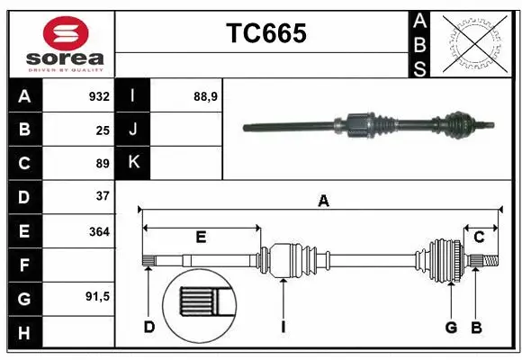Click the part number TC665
click(x=265, y=34)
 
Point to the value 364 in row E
click(x=99, y=231)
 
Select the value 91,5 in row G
click(x=97, y=296)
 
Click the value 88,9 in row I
click(x=205, y=96)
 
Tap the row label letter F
click(x=24, y=265)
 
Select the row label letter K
click(x=133, y=163)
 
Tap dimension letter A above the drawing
click(x=323, y=202)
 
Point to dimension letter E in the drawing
click(x=201, y=238)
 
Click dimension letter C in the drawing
click(x=480, y=238)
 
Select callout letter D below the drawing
click(x=149, y=327)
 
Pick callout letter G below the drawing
click(x=451, y=327)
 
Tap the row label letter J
click(x=133, y=130)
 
